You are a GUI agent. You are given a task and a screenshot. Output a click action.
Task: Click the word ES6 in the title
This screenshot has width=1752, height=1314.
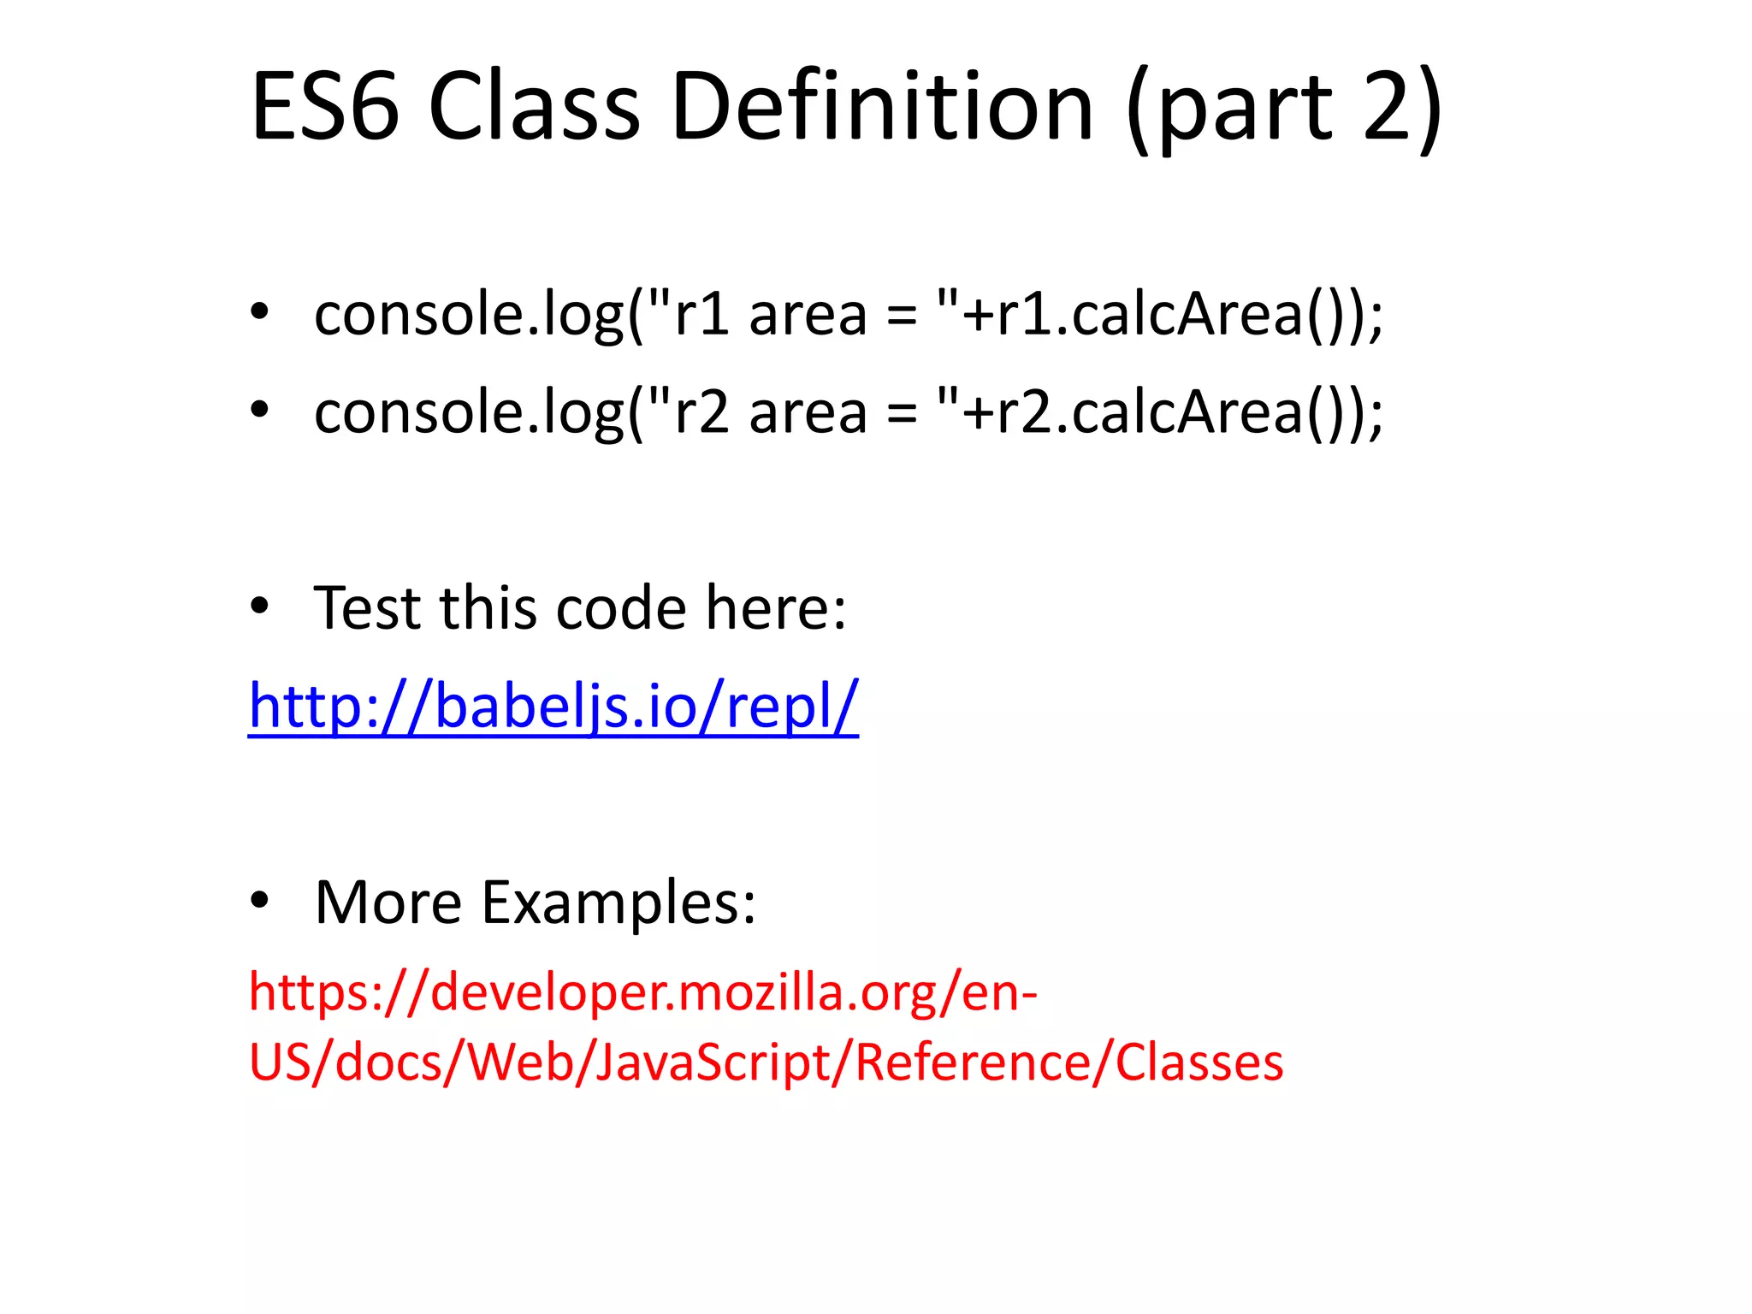325,107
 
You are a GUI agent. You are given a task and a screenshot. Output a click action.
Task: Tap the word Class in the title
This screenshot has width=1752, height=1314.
534,107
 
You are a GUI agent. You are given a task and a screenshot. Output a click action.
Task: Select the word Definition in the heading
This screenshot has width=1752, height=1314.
882,107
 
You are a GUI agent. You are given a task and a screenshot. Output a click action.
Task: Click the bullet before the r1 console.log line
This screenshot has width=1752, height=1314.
259,312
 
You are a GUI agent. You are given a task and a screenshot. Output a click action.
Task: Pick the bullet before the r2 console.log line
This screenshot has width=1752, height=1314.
259,410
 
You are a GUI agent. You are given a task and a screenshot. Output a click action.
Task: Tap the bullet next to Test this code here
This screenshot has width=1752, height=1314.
259,607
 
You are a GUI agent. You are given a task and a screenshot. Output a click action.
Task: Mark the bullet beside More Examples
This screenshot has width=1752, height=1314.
259,901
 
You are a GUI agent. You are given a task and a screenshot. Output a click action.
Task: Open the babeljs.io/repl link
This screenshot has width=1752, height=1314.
553,706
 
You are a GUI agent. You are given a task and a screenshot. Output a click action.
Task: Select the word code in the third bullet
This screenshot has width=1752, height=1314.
621,607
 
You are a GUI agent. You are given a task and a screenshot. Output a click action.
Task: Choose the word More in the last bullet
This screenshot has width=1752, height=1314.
388,903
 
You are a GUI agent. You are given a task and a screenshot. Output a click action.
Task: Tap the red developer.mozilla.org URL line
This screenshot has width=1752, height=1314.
642,992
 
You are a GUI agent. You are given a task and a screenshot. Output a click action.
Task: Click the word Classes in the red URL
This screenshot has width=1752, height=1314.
1199,1062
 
